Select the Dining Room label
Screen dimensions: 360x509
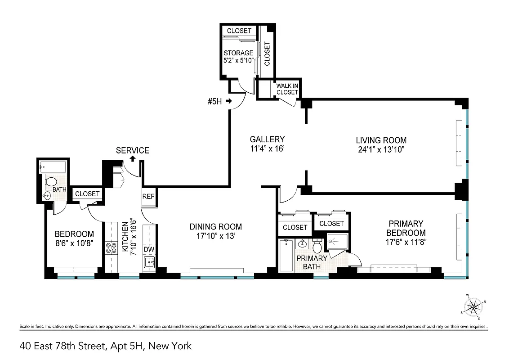216,227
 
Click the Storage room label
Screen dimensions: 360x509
239,53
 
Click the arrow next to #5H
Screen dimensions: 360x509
228,101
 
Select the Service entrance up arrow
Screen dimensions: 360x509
133,158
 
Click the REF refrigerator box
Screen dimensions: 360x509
148,197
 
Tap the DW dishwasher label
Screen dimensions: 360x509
149,249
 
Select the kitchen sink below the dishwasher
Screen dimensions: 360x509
149,261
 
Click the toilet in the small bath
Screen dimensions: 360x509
51,182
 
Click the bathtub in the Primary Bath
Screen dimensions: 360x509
286,256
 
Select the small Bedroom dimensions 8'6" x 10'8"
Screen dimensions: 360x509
74,243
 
